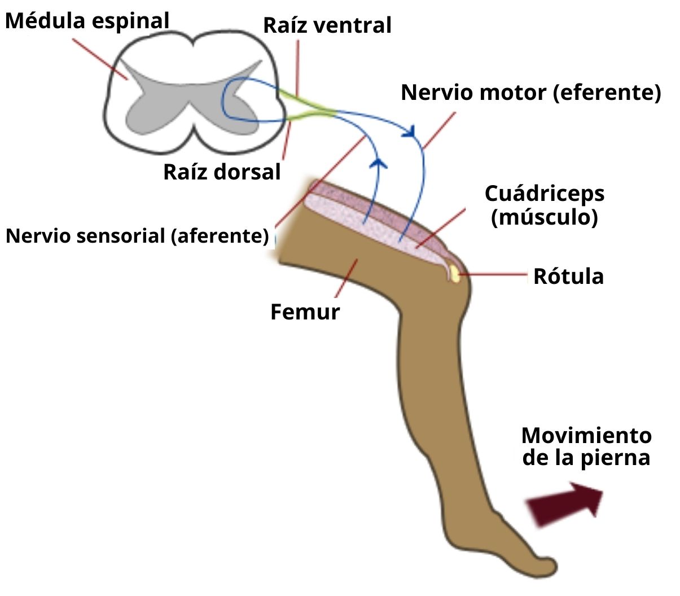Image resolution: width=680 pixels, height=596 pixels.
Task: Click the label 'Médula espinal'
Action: pyautogui.click(x=87, y=21)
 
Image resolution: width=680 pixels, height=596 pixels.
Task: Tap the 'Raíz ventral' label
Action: pyautogui.click(x=327, y=25)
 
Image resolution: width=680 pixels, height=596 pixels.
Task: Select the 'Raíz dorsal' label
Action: pyautogui.click(x=222, y=172)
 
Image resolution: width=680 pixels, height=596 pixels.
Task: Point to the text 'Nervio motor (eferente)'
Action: pyautogui.click(x=530, y=92)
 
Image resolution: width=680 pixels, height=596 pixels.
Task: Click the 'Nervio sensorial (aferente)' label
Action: pyautogui.click(x=137, y=235)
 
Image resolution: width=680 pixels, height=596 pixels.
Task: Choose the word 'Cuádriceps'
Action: pyautogui.click(x=545, y=194)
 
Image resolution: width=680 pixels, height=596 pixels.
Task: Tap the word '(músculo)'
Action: pyautogui.click(x=544, y=217)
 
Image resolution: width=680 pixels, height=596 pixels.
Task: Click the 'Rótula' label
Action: pyautogui.click(x=568, y=277)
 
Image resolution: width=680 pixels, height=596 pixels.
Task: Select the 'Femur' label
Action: pyautogui.click(x=305, y=312)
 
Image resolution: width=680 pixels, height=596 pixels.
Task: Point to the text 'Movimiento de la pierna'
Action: pyautogui.click(x=586, y=446)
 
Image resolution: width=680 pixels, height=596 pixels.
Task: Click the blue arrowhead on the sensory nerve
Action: pyautogui.click(x=380, y=163)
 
